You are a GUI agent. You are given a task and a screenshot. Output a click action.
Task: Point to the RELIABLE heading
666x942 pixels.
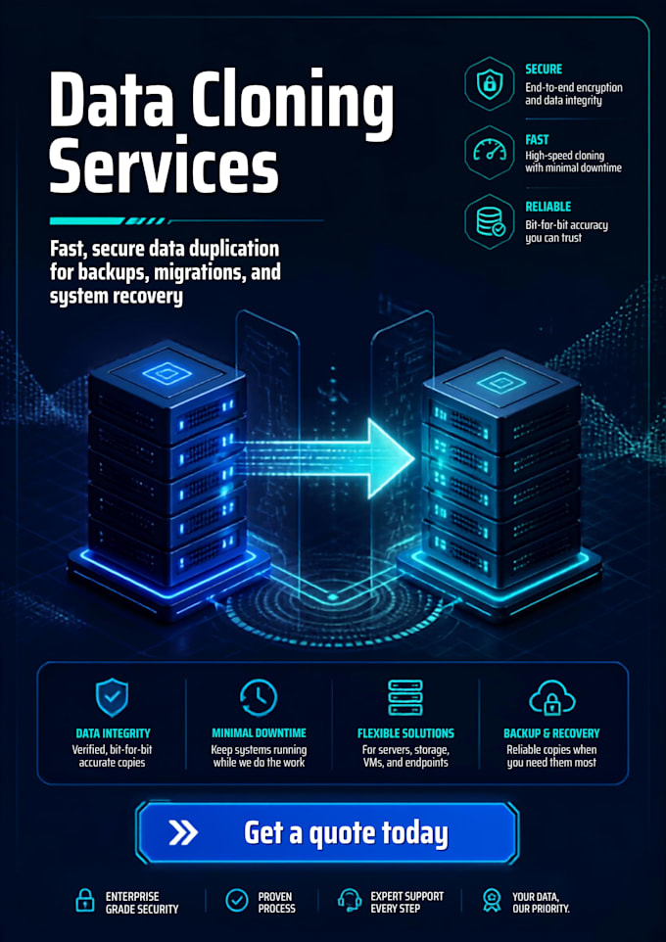(548, 208)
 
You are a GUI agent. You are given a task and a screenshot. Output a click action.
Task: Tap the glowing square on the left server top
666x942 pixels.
(167, 374)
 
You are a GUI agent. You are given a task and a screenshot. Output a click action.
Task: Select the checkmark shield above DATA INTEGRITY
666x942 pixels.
(113, 697)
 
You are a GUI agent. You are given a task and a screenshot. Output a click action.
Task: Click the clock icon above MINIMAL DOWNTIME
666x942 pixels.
(259, 698)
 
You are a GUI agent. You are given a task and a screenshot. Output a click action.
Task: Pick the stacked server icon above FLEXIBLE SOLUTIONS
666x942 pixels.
(405, 697)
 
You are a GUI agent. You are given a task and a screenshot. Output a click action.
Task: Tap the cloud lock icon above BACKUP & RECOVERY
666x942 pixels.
(551, 698)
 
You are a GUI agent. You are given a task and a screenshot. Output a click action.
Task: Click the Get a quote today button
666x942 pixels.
(327, 832)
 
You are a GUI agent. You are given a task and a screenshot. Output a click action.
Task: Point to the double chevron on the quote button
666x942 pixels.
(183, 832)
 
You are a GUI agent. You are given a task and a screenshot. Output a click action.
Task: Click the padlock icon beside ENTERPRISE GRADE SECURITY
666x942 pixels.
(85, 901)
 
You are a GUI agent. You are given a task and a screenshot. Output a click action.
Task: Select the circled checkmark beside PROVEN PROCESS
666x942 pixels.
(236, 901)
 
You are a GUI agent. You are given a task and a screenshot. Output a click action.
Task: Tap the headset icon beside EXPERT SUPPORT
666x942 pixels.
(350, 901)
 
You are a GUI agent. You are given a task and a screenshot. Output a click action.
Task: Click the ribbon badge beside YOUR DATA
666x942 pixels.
(492, 901)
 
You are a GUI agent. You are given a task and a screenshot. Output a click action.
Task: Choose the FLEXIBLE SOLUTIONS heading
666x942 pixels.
(405, 733)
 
